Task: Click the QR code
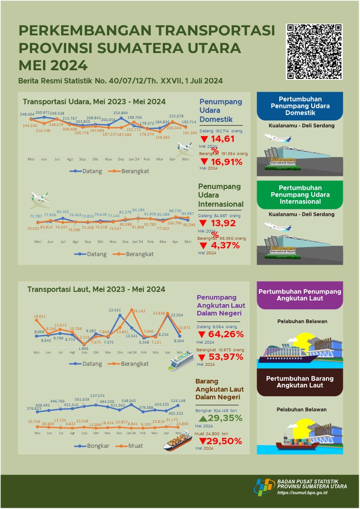pyautogui.click(x=314, y=52)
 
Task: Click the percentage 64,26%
pyautogui.click(x=226, y=334)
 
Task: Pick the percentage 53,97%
pyautogui.click(x=226, y=357)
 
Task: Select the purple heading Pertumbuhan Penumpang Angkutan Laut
pyautogui.click(x=299, y=295)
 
